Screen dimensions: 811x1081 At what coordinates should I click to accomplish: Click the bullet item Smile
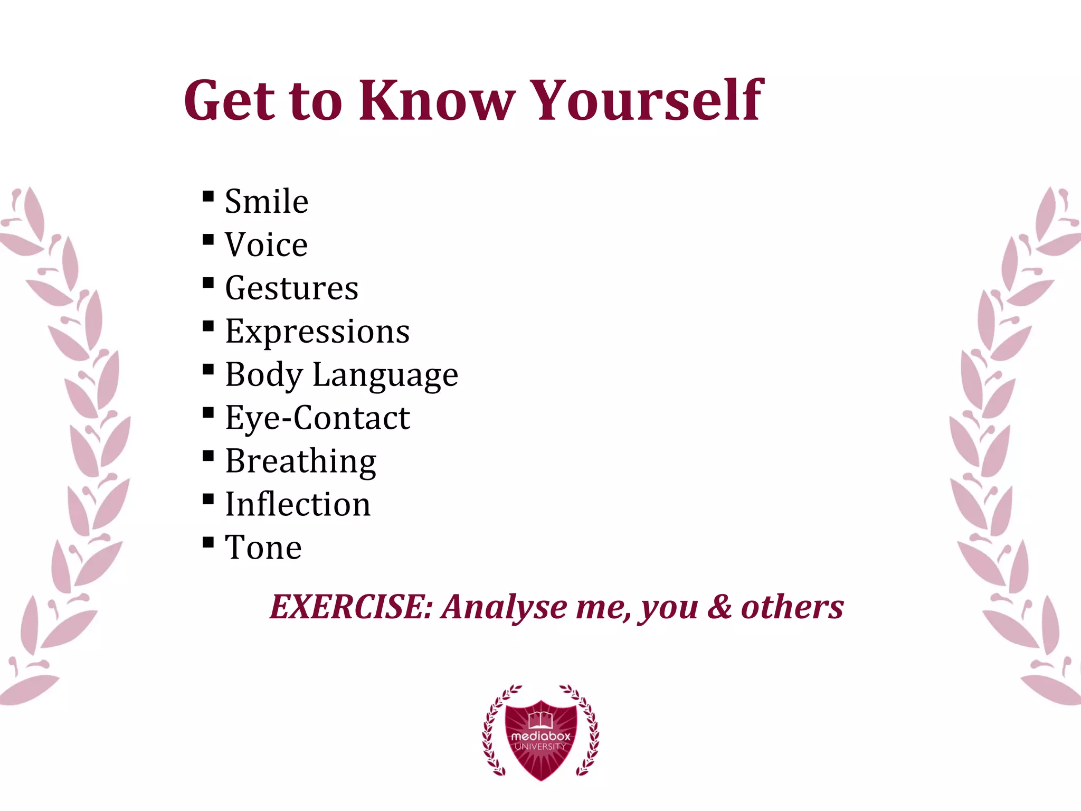point(267,202)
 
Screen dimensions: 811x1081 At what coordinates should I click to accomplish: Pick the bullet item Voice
point(267,245)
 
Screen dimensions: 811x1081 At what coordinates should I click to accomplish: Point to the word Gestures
point(292,289)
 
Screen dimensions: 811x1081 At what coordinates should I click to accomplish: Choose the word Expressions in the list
point(317,332)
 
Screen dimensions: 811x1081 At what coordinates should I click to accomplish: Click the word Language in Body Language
point(385,375)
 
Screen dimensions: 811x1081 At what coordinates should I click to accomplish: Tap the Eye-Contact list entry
point(317,418)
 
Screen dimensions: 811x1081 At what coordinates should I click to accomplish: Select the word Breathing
point(301,461)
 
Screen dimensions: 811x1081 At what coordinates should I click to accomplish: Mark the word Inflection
point(298,504)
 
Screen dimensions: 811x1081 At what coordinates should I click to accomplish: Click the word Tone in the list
point(263,548)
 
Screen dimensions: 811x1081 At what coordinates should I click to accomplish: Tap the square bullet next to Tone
point(208,542)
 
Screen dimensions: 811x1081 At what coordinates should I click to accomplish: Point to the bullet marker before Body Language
point(208,370)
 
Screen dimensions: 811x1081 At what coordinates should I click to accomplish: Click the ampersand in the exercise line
point(719,607)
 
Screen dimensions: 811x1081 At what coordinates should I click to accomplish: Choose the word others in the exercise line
point(792,607)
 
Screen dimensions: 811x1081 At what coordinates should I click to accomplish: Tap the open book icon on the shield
point(540,719)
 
